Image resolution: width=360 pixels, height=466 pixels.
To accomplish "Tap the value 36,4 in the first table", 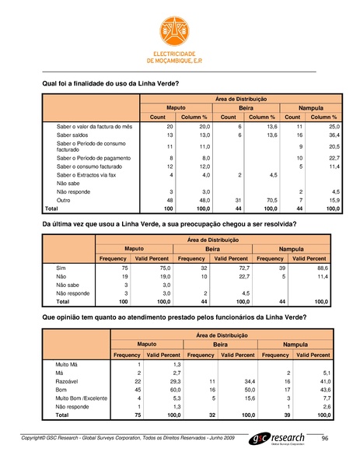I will [330, 135].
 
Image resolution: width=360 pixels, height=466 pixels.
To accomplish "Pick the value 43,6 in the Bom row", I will [329, 390].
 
